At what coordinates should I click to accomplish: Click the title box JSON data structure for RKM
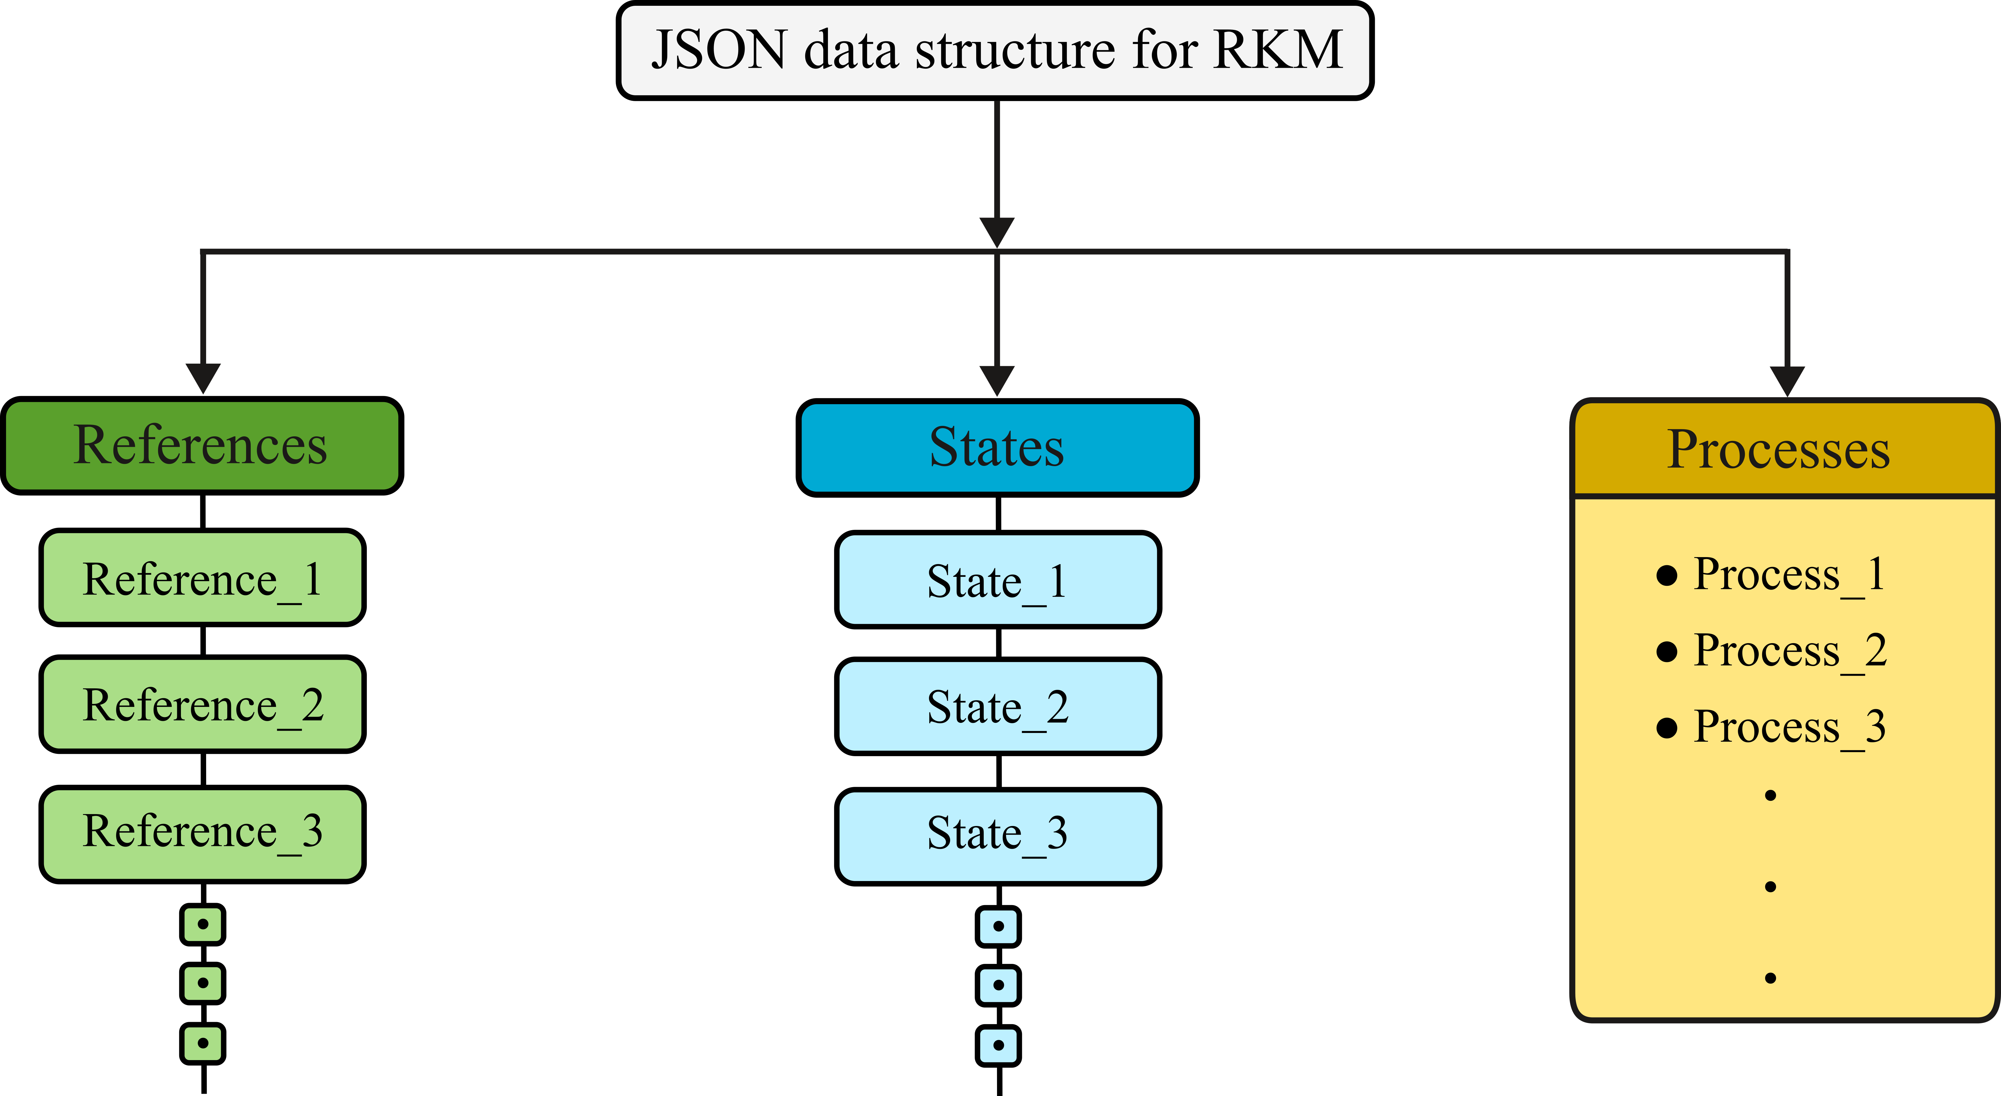coord(995,50)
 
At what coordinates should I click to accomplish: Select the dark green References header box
coord(202,445)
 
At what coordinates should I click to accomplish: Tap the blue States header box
coord(997,448)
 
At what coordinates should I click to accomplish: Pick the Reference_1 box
coord(202,577)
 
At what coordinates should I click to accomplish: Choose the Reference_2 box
coord(202,704)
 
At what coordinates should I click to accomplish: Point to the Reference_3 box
coord(202,834)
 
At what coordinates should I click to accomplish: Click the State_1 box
coord(998,580)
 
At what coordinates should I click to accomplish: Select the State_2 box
coord(998,707)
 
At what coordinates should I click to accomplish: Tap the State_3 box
coord(998,836)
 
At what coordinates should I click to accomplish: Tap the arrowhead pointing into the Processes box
coord(1787,381)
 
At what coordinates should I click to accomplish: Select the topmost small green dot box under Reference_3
coord(203,924)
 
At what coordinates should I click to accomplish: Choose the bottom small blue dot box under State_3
coord(998,1046)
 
